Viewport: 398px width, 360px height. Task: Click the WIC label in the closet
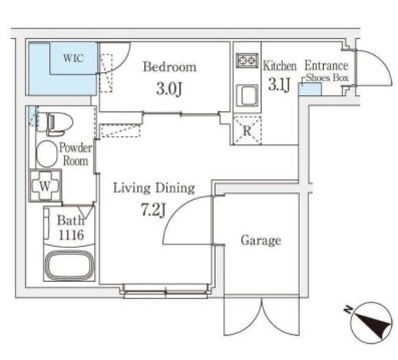[73, 58]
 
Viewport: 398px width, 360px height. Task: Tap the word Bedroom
[170, 67]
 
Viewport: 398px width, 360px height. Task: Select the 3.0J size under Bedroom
[169, 89]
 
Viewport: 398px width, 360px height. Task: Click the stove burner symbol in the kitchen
[247, 61]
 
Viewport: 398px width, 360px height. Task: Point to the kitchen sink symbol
[247, 96]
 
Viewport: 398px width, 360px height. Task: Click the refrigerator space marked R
[247, 130]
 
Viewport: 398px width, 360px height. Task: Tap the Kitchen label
[280, 66]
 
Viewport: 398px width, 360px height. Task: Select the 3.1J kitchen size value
[279, 84]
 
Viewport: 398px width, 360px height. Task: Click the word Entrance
[326, 66]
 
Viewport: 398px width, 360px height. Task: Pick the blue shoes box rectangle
[310, 89]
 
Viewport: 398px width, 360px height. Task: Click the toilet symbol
[55, 123]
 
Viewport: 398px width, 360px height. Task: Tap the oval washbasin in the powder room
[47, 154]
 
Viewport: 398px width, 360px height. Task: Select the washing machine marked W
[45, 186]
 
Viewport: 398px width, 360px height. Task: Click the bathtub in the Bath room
[70, 265]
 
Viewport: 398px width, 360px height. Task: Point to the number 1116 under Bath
[71, 235]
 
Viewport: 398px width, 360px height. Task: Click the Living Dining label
[154, 188]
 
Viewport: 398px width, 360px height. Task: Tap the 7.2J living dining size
[154, 210]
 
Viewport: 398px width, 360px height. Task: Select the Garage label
[261, 241]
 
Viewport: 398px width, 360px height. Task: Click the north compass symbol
[371, 322]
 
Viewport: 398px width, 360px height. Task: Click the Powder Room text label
[75, 155]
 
